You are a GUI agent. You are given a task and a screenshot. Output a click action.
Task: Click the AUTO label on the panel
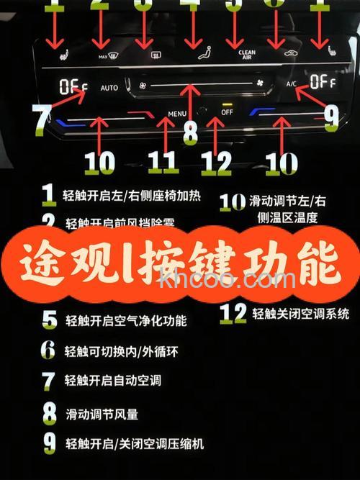pyautogui.click(x=109, y=88)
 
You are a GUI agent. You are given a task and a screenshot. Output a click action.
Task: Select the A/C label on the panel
pyautogui.click(x=291, y=84)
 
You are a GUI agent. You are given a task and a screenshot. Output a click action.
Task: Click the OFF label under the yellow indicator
pyautogui.click(x=227, y=112)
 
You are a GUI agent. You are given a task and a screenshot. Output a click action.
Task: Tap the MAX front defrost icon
pyautogui.click(x=104, y=55)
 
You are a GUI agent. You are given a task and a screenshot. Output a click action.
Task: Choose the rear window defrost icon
pyautogui.click(x=153, y=55)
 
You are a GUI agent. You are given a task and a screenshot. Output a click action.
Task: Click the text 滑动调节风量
pyautogui.click(x=102, y=415)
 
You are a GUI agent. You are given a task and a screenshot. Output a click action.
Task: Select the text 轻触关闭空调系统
pyautogui.click(x=301, y=313)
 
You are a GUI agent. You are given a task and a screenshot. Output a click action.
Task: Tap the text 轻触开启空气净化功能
pyautogui.click(x=126, y=320)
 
